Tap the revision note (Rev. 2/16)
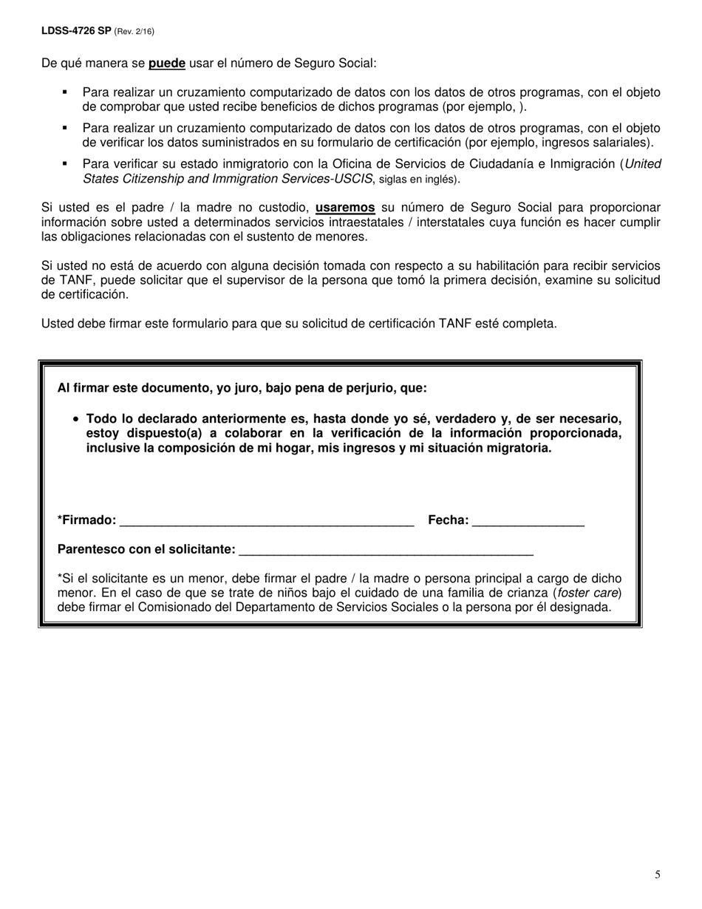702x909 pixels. tap(134, 31)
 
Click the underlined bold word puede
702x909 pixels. tap(166, 64)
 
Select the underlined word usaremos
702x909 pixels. tap(345, 208)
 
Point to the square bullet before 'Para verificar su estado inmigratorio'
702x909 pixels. tap(65, 163)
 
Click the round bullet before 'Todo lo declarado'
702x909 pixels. tap(76, 419)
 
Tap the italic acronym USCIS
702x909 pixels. tap(354, 179)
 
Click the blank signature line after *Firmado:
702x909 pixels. tap(266, 521)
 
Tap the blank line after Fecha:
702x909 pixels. tap(528, 521)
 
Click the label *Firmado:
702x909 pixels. tap(86, 520)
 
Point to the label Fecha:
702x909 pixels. tap(448, 520)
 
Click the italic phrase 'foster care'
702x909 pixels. tap(588, 593)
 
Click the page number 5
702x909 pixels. tap(657, 875)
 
